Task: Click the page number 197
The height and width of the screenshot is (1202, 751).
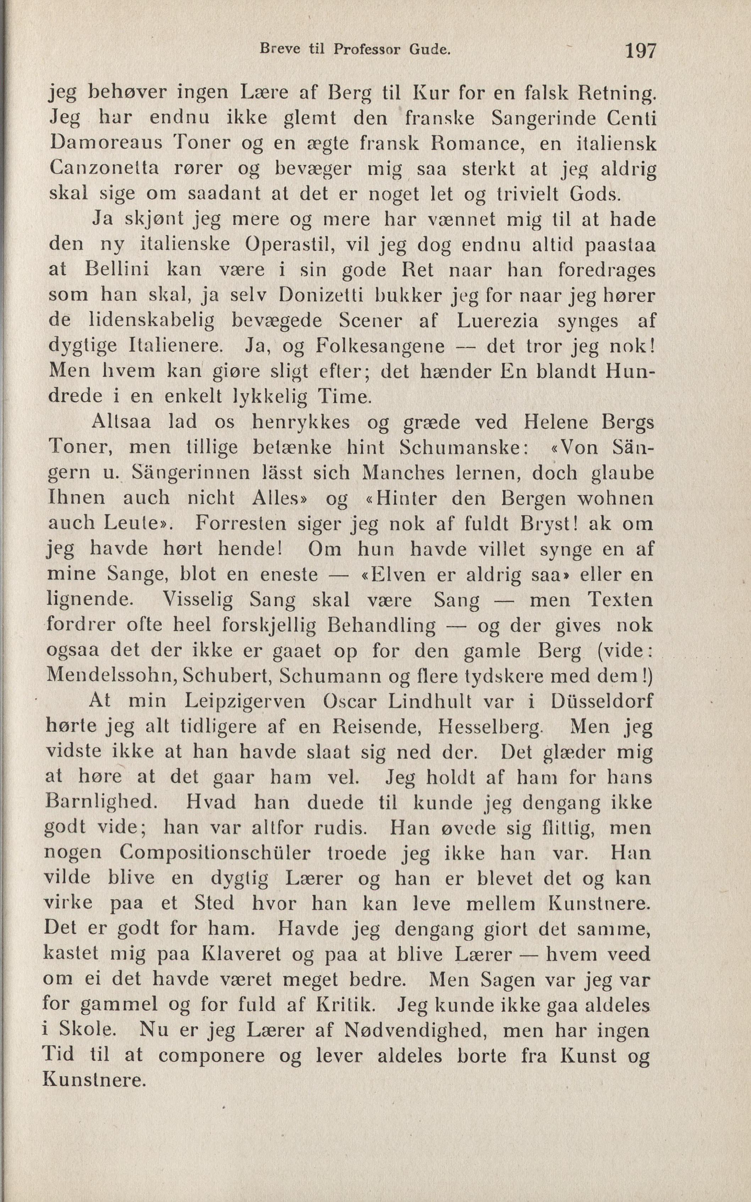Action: tap(640, 51)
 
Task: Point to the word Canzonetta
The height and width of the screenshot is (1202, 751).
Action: tap(104, 169)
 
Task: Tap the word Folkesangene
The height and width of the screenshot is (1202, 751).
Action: tap(380, 346)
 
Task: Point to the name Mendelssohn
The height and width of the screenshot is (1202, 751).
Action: tap(112, 677)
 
